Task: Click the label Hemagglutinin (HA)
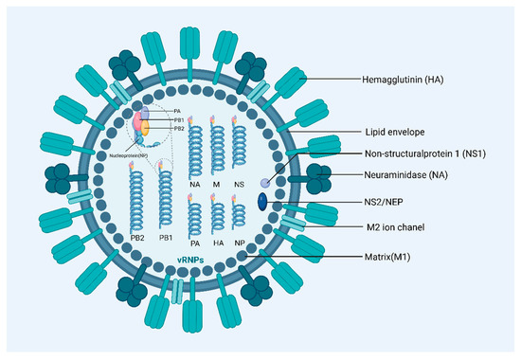tap(413, 81)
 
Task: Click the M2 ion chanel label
tap(399, 228)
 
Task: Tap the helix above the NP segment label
tap(250, 217)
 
